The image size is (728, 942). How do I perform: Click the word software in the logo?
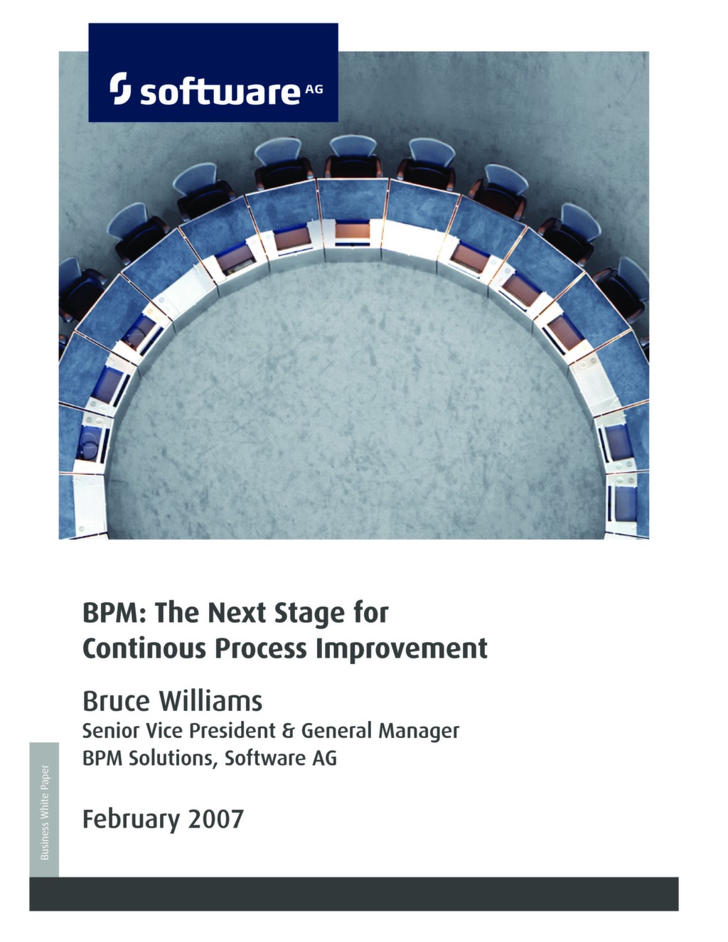tap(220, 92)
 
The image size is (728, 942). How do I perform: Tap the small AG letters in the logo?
tap(314, 89)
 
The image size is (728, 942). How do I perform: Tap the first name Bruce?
tap(116, 700)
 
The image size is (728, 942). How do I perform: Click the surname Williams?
tap(210, 700)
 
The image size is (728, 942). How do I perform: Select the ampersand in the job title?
tap(287, 731)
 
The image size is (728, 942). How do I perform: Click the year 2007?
tap(216, 819)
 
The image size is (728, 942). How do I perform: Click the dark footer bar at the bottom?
tap(353, 894)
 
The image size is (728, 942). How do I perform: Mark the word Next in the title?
tap(237, 612)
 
